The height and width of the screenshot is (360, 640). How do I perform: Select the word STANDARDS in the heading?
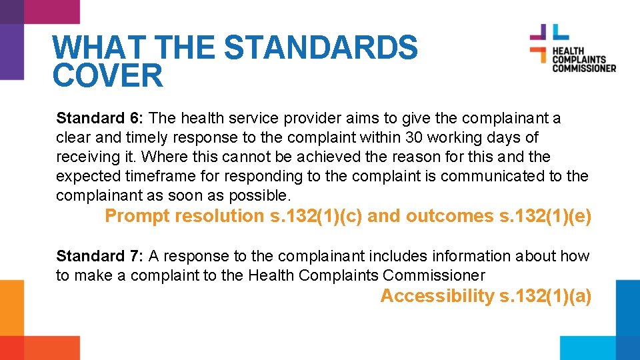pos(321,48)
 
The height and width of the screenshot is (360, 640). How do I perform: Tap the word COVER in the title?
pos(107,76)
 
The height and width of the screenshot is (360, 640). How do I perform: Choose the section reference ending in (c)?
pos(316,216)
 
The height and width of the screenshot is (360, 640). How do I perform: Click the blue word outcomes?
pos(451,216)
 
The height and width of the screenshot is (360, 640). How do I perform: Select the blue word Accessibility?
pos(437,296)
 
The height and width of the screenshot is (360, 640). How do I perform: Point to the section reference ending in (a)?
pos(546,296)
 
